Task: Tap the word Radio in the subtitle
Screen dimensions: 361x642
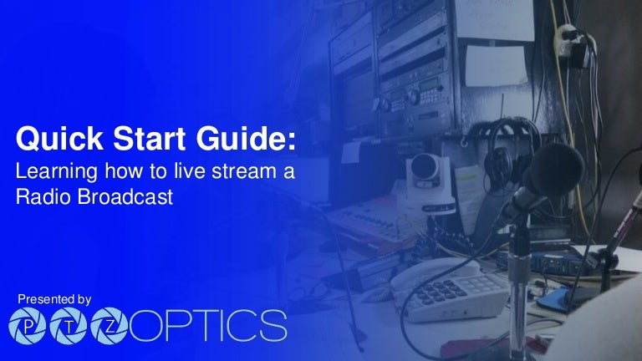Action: pyautogui.click(x=40, y=198)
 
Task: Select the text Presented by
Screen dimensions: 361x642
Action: pyautogui.click(x=54, y=298)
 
